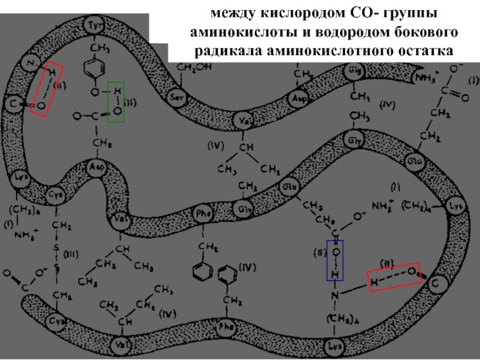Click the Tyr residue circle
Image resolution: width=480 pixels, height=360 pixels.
point(92,26)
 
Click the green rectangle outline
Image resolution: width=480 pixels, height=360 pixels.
point(116,102)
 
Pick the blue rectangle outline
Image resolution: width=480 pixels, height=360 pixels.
point(335,260)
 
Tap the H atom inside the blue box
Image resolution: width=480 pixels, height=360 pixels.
point(335,274)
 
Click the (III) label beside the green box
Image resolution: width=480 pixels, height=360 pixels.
point(132,103)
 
